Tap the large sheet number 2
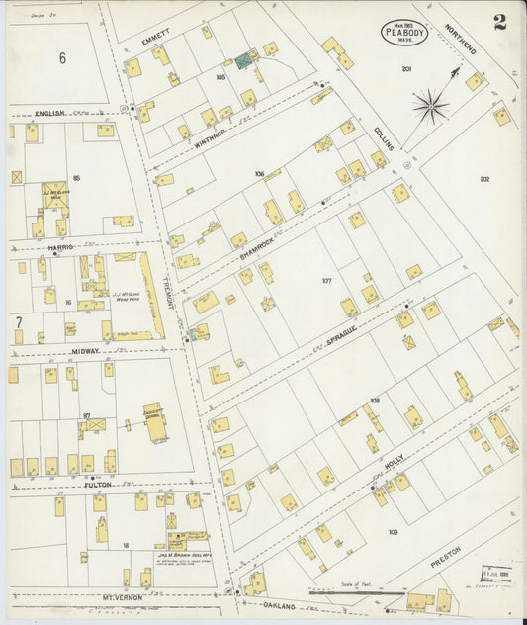[500, 23]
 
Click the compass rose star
[430, 105]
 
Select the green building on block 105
[242, 61]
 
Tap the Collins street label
[384, 138]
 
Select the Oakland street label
[279, 605]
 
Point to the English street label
[49, 113]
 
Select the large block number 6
[61, 58]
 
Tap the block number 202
[483, 179]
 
